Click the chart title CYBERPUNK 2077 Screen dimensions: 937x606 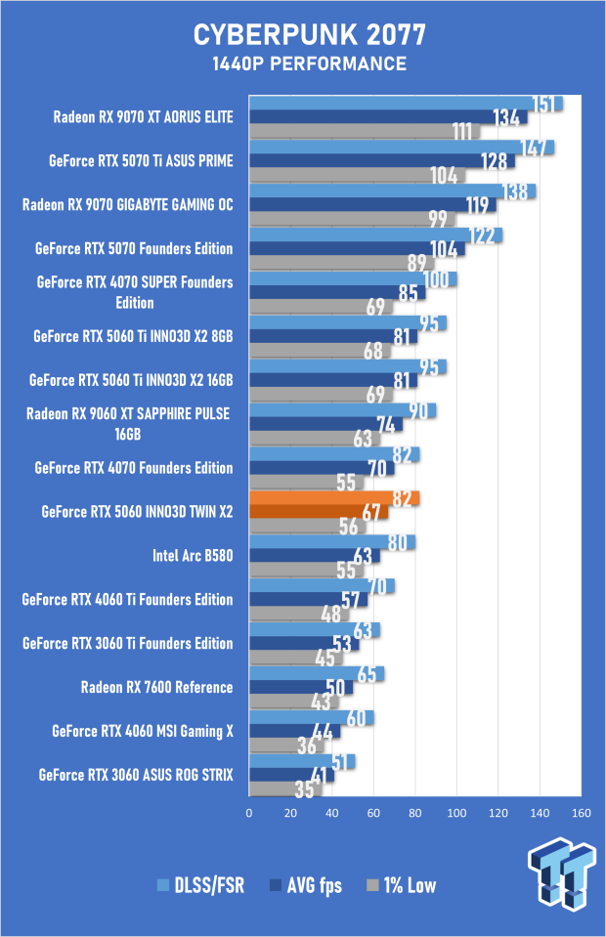(309, 36)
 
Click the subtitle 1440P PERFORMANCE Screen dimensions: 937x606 (309, 64)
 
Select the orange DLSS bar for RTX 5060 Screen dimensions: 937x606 (332, 498)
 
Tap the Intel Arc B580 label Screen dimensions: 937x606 (193, 556)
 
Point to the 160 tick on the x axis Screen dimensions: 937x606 (582, 813)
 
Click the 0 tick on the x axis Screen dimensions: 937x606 (249, 813)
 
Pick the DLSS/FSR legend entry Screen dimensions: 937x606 (202, 886)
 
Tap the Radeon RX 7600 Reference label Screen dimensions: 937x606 (156, 687)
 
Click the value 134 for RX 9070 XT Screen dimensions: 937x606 (506, 118)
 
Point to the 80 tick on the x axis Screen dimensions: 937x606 (415, 813)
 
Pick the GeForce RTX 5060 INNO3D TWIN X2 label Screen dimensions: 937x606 (138, 512)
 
